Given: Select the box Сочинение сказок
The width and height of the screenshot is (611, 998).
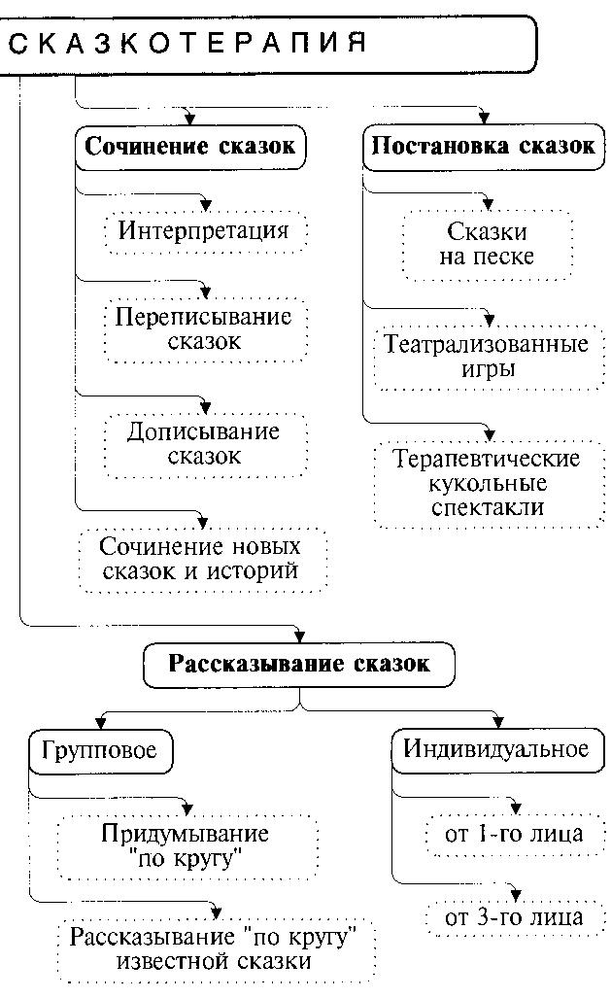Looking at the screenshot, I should tap(190, 148).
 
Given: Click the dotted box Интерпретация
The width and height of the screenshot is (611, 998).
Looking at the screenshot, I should tap(204, 231).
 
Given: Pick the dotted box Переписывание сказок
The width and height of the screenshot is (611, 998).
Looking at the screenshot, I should tap(204, 329).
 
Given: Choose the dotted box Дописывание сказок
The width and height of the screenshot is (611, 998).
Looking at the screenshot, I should tap(203, 443).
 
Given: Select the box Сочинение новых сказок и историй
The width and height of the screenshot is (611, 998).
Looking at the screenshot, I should tap(202, 559).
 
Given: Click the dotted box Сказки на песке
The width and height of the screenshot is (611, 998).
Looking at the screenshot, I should tap(487, 245).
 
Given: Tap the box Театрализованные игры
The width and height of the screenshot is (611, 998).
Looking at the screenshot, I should tap(487, 357).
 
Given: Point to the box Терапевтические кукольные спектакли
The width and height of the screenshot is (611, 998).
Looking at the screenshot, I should tap(487, 483).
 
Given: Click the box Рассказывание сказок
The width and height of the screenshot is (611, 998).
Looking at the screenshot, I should tap(298, 665).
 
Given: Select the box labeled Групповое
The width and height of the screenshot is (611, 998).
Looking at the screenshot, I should tap(100, 750).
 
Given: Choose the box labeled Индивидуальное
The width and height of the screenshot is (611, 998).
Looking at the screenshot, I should tap(496, 749).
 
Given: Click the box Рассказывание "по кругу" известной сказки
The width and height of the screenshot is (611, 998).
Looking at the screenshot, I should tap(215, 949).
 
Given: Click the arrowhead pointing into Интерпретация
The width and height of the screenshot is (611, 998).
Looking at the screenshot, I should tap(204, 204).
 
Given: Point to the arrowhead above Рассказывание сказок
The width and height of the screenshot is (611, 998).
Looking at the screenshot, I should tap(298, 633).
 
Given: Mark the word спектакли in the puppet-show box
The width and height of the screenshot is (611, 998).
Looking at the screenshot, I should tap(487, 507).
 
